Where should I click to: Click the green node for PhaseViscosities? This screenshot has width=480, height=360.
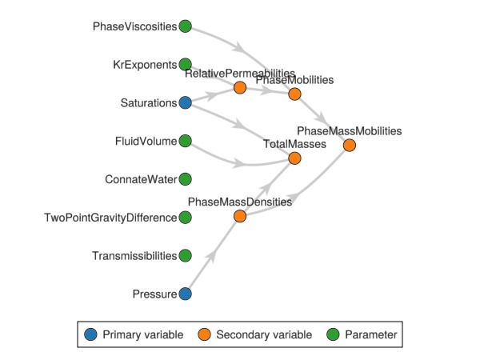[x=185, y=26]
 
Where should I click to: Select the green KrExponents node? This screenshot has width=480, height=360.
[x=185, y=64]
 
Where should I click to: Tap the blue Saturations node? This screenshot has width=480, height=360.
[x=185, y=102]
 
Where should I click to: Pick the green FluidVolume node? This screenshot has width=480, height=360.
[x=185, y=141]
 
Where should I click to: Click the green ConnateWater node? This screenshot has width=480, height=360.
[x=185, y=179]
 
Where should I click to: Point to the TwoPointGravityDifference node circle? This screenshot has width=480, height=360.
[x=185, y=218]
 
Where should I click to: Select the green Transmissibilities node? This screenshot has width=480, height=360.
[x=185, y=256]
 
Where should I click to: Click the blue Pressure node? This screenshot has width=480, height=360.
[x=185, y=294]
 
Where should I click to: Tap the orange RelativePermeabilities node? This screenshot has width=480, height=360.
[x=240, y=87]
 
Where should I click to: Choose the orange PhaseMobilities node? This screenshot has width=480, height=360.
[x=294, y=94]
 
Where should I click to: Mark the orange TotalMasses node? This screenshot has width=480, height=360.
[x=294, y=158]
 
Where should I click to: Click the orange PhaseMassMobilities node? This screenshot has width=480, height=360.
[x=349, y=145]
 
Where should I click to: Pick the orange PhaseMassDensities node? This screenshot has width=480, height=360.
[x=240, y=217]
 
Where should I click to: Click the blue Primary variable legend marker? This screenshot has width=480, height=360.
[x=90, y=334]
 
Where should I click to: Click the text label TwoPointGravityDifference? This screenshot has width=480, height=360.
[x=110, y=218]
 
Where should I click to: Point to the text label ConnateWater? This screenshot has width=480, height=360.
[x=141, y=179]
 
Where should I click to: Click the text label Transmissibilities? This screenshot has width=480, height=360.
[x=134, y=256]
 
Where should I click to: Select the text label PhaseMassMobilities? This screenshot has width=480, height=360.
[x=349, y=130]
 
